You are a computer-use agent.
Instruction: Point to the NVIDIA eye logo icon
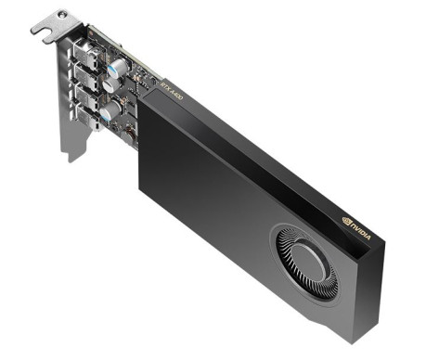point(346,222)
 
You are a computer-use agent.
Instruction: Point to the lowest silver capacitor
point(110,113)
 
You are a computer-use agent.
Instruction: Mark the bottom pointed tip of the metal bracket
point(71,160)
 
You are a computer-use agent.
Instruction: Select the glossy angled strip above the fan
point(278,186)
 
